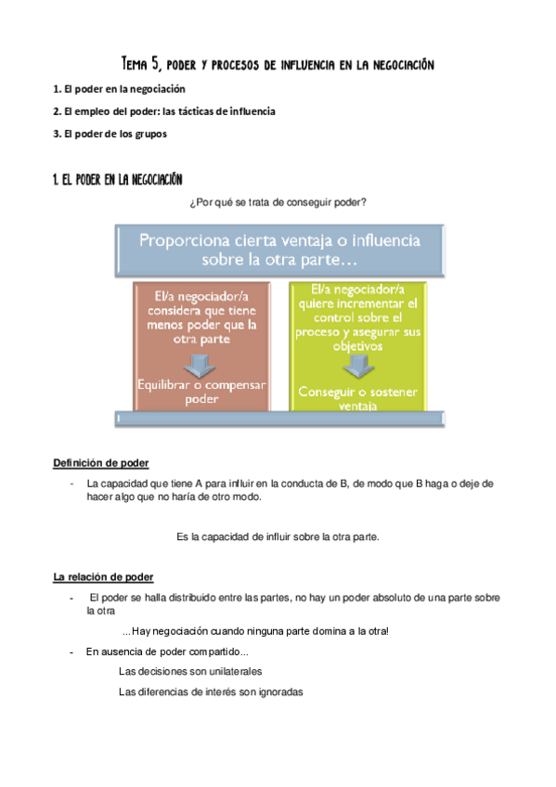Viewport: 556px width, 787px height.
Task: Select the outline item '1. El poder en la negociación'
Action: pyautogui.click(x=119, y=89)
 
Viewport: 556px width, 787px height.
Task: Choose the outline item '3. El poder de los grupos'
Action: pyautogui.click(x=110, y=134)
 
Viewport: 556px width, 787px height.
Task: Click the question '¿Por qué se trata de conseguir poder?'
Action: pyautogui.click(x=278, y=203)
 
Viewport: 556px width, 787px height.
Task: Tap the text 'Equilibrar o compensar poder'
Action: pyautogui.click(x=200, y=392)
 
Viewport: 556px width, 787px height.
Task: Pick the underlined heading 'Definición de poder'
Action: pyautogui.click(x=101, y=463)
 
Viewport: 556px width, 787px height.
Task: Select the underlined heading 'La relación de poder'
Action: pyautogui.click(x=103, y=577)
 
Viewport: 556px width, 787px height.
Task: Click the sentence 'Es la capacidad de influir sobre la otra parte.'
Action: pyautogui.click(x=278, y=536)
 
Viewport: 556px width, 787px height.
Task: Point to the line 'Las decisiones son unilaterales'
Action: pyautogui.click(x=190, y=671)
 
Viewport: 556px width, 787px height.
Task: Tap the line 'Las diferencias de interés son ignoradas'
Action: pyautogui.click(x=211, y=691)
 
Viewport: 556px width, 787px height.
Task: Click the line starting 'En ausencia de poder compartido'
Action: pyautogui.click(x=167, y=652)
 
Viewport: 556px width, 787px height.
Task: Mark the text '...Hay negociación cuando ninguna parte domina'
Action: pyautogui.click(x=255, y=632)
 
